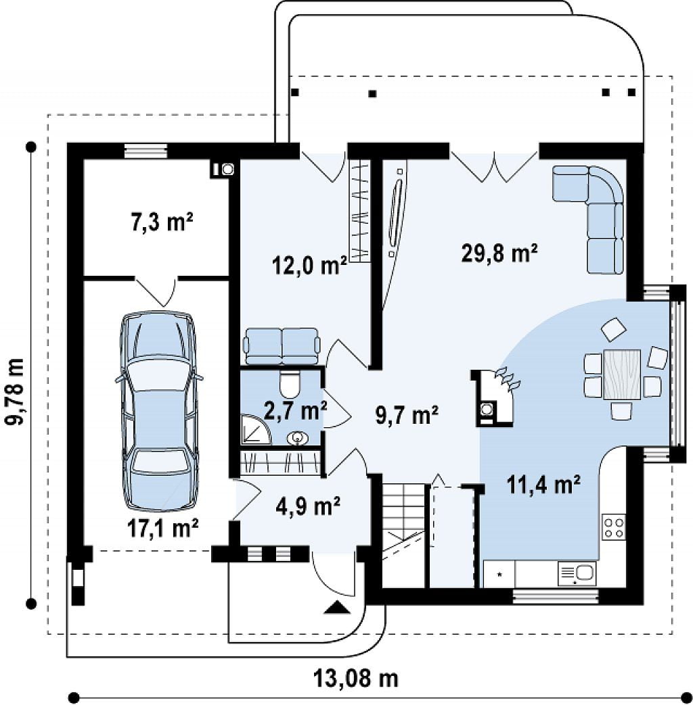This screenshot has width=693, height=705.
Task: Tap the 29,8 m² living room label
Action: [x=500, y=253]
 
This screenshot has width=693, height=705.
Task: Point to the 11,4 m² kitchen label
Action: [x=543, y=485]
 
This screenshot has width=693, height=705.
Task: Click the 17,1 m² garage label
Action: [x=163, y=528]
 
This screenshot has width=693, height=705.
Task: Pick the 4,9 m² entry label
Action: [x=308, y=507]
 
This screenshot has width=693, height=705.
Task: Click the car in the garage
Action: [x=158, y=410]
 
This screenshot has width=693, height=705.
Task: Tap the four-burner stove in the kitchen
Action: [x=614, y=527]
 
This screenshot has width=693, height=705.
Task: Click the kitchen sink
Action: [x=577, y=574]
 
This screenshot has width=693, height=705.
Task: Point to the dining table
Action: [x=622, y=374]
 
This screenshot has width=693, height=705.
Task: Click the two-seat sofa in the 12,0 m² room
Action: [x=282, y=346]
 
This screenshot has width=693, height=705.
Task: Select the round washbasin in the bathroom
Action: [x=296, y=437]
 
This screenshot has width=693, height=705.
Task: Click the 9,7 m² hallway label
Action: [x=407, y=414]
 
